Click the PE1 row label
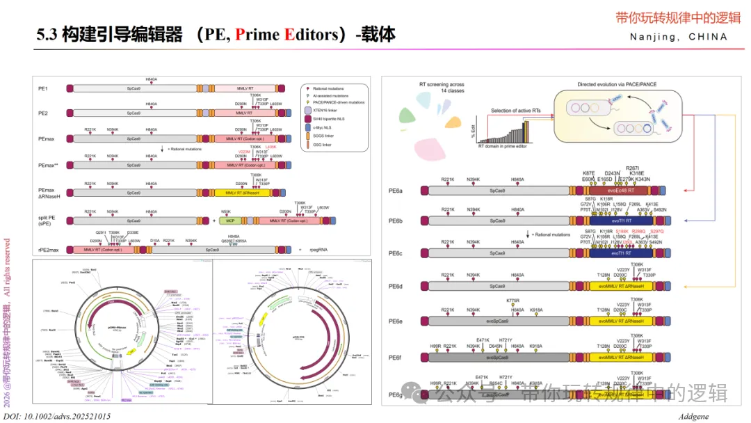tap(43, 89)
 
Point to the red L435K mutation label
tap(271, 147)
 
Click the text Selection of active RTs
tap(519, 111)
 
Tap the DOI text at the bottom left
tap(62, 415)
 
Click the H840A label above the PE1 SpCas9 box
tap(151, 80)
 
